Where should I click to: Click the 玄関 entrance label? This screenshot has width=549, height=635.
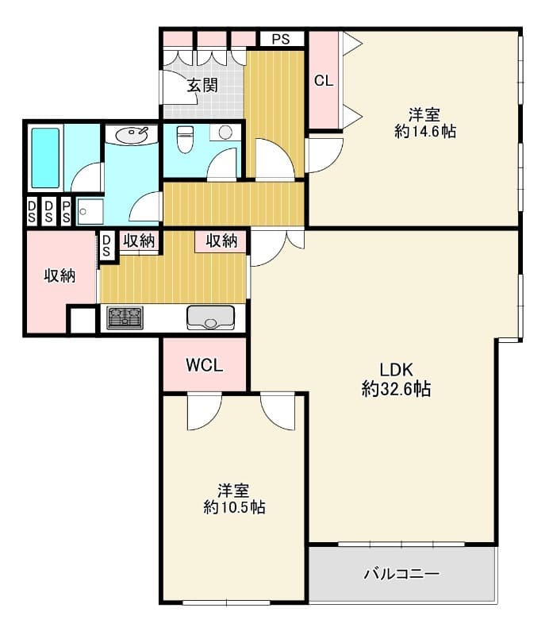[202, 86]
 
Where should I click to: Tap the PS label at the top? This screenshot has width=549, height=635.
[281, 39]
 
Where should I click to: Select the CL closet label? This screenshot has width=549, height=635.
[324, 81]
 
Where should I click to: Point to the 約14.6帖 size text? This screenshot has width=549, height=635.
[425, 132]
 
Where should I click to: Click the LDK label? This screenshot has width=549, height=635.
[396, 369]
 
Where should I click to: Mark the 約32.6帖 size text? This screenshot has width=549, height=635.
[396, 389]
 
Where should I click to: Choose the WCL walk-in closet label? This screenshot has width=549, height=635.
[205, 365]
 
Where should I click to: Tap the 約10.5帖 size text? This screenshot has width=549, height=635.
[234, 507]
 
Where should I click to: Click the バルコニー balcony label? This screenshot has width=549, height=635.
[401, 574]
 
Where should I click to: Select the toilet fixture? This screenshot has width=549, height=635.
[185, 139]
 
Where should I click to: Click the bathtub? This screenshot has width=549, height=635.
[46, 158]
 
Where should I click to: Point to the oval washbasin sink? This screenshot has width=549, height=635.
[131, 133]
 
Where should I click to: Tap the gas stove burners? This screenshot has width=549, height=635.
[125, 317]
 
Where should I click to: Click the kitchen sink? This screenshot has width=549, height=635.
[210, 317]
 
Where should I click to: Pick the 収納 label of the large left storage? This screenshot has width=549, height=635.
[60, 276]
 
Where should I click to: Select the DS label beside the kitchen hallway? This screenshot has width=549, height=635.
[106, 246]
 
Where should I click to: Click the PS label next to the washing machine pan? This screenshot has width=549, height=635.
[66, 211]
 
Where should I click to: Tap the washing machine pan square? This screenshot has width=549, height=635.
[90, 211]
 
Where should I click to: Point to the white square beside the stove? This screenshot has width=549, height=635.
[83, 321]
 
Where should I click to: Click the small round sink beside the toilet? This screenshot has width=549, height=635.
[225, 133]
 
